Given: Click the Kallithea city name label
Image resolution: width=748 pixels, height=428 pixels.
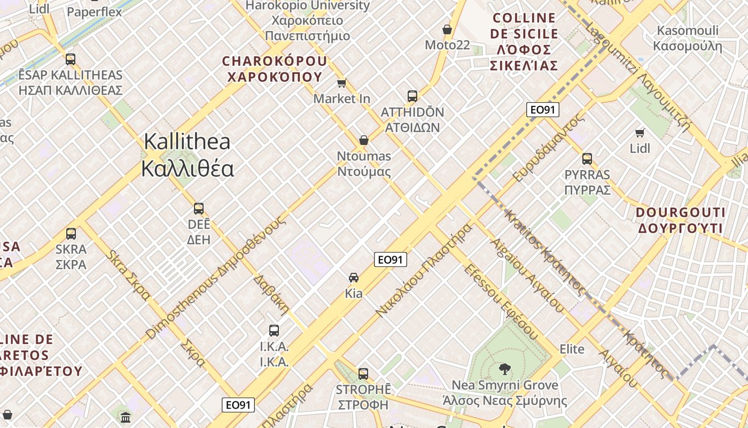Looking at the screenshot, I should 187,155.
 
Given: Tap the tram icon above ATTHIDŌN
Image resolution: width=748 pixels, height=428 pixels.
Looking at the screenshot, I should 412,96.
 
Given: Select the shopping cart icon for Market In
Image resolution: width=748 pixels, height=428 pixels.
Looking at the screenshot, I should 342,83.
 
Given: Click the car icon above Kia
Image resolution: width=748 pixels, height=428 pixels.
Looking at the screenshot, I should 354,277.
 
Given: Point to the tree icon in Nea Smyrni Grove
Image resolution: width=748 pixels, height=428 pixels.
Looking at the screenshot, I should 504,368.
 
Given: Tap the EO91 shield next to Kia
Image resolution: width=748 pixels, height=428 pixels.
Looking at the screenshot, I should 390,260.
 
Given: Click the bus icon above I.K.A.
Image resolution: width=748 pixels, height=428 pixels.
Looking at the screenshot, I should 274,330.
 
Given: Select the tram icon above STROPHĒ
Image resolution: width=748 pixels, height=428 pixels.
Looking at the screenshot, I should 363,373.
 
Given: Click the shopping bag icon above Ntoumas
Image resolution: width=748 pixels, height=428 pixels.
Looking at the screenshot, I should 364,140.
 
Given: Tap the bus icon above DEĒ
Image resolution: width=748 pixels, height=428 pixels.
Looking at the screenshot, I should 199,208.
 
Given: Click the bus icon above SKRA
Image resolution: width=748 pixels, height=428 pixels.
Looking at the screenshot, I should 71,233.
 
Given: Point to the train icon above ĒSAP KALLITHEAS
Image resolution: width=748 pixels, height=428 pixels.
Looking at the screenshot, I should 71,59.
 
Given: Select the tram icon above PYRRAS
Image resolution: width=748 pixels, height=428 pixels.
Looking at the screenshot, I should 587,158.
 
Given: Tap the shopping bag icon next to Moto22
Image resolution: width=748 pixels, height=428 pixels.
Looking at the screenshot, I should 447,29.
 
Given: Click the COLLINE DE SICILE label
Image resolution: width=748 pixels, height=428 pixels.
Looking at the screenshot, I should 524,42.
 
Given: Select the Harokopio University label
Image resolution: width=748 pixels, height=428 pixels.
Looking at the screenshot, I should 307,20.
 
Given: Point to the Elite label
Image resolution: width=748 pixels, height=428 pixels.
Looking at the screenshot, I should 572,349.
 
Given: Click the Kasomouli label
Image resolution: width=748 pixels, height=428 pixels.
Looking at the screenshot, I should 688,38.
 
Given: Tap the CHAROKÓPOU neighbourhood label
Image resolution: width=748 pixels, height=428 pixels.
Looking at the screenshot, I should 275,69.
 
